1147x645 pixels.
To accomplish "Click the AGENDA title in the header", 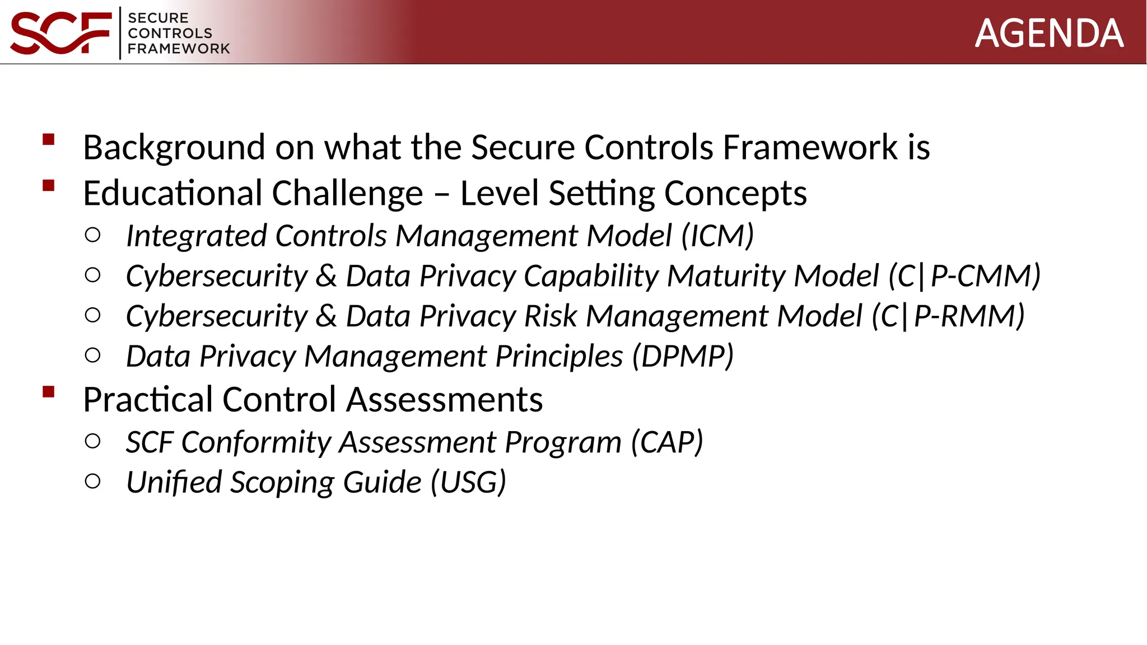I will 1049,34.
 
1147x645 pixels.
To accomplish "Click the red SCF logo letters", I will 60,34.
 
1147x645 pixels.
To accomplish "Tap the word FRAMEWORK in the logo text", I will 179,49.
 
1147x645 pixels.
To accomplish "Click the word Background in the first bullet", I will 174,147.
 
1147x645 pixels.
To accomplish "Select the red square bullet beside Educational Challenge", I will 49,185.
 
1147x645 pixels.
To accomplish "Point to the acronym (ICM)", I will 717,236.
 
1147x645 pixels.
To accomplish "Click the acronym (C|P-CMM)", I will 964,276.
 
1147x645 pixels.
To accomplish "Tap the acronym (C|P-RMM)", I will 948,316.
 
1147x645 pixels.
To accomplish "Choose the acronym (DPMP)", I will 682,357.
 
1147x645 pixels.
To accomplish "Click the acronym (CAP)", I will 666,442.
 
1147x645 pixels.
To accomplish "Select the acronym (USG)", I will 468,483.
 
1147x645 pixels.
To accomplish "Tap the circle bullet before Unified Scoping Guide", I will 93,481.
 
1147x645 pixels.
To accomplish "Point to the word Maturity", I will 726,276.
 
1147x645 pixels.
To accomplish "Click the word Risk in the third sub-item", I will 550,316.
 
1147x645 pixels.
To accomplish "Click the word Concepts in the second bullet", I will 735,194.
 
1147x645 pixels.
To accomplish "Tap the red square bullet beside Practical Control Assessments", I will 49,392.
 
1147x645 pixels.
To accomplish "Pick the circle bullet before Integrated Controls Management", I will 93,235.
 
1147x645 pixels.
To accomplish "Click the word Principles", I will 559,357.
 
